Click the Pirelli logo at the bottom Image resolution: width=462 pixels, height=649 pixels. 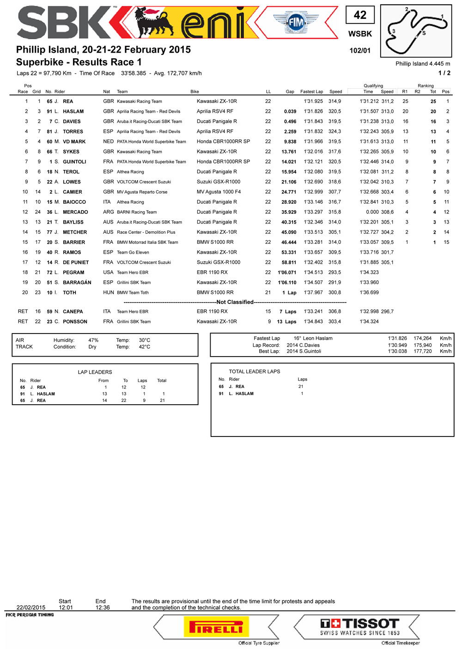tap(216, 628)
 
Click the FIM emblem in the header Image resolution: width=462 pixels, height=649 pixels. tap(296, 22)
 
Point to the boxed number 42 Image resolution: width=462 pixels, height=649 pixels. tap(360, 15)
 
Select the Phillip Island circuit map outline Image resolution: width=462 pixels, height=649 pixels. tap(416, 31)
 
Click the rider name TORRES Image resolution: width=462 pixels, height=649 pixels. tap(73, 132)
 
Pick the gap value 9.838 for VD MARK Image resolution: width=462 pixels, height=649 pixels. tap(290, 142)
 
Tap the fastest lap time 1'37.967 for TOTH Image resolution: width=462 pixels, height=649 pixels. tap(313, 292)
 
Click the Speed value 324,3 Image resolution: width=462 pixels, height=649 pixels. tap(334, 132)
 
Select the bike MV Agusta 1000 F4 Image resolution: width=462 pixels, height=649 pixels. tap(219, 192)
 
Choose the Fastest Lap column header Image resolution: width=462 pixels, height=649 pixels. tap(311, 91)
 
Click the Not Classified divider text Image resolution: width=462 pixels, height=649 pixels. tap(235, 302)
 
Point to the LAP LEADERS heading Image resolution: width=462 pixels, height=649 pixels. tap(95, 372)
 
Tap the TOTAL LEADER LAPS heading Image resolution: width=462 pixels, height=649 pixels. tap(255, 371)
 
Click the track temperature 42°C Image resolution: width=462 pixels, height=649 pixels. tap(145, 347)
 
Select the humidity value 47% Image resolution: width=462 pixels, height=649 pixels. tap(93, 340)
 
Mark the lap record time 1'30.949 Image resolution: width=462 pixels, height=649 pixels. tap(397, 345)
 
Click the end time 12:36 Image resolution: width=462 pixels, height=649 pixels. tap(103, 607)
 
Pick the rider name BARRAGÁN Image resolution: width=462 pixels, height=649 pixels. tap(77, 282)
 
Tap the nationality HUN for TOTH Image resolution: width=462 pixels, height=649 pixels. tap(108, 292)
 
